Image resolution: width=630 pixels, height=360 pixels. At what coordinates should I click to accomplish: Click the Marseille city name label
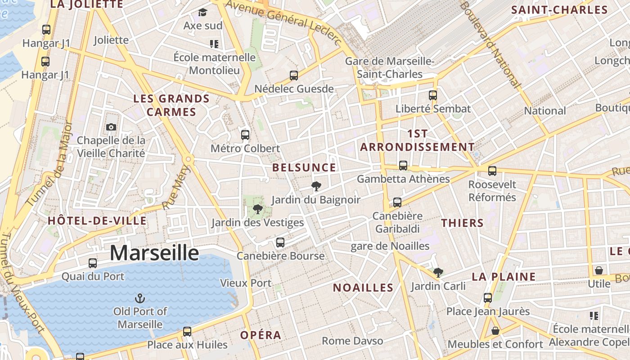coord(154,253)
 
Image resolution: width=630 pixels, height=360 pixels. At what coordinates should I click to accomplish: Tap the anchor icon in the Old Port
coord(140,298)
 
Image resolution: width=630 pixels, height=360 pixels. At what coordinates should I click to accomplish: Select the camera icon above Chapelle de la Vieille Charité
coord(111,127)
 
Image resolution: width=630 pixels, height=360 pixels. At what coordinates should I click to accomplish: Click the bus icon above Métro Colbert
coord(245,135)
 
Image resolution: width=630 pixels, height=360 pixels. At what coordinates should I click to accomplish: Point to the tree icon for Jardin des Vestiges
coord(257,209)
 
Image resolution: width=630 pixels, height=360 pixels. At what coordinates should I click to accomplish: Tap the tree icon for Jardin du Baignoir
coord(316,186)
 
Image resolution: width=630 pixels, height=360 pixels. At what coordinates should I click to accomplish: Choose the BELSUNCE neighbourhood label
coord(304,168)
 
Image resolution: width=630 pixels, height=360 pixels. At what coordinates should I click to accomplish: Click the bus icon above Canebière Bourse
coord(280,243)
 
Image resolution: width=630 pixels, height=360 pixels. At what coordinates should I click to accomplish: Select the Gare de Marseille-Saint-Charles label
coord(390,67)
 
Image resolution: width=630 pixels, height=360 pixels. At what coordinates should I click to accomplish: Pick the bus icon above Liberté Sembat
coord(433,95)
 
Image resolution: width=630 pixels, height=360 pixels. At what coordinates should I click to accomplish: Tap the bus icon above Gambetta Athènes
coord(403,166)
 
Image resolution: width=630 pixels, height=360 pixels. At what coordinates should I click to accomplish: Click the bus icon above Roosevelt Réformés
coord(492,171)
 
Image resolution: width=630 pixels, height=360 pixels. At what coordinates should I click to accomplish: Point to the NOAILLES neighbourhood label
coord(363,288)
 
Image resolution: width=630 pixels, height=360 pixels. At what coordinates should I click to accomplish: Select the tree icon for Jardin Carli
coord(438,272)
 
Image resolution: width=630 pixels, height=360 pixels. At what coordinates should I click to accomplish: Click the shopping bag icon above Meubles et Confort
coord(495,331)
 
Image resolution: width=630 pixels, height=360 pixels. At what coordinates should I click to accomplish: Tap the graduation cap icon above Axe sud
coord(203,12)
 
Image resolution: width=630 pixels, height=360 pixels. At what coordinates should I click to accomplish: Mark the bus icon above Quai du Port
coord(93,263)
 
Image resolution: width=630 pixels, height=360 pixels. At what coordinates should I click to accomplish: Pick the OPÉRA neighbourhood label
coord(261,335)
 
